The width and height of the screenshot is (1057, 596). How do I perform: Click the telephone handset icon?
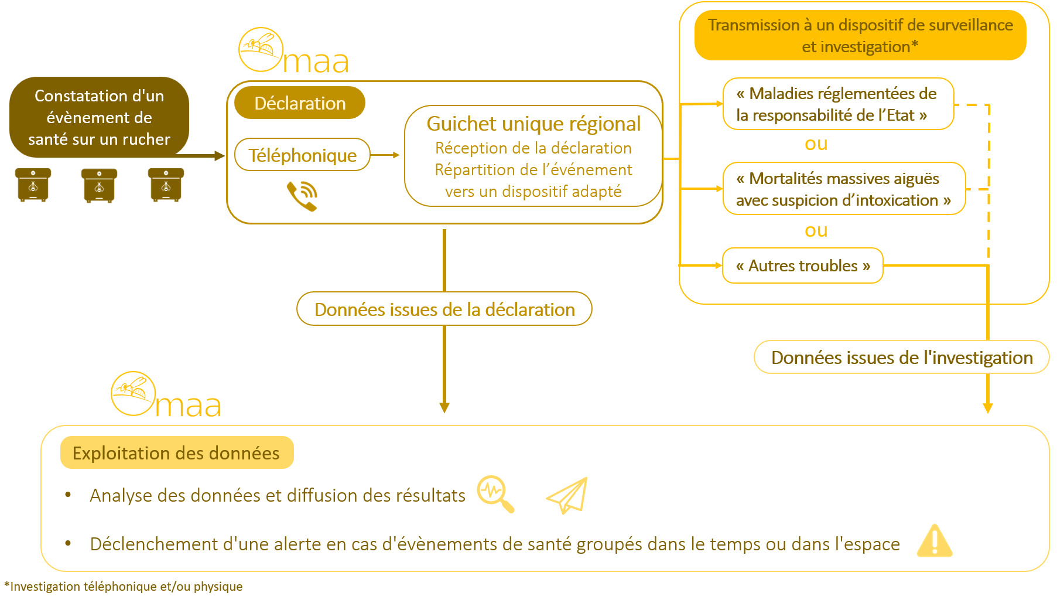(302, 196)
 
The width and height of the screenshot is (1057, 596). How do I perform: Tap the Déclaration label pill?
(300, 103)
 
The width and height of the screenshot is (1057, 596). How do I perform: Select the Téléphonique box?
(302, 155)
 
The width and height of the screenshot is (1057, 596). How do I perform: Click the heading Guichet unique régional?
(533, 124)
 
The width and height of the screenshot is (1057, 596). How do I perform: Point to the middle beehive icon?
(99, 185)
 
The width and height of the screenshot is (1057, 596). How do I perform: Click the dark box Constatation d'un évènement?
(99, 117)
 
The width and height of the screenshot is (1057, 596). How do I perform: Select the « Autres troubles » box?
(803, 265)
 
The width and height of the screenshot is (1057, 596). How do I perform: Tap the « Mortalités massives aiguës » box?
(844, 189)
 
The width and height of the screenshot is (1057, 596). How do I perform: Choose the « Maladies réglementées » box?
(838, 104)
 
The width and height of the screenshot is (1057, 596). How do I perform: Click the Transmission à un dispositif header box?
(860, 35)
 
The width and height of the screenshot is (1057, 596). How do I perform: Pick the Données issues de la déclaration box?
(444, 309)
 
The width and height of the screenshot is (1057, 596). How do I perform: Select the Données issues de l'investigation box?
(902, 357)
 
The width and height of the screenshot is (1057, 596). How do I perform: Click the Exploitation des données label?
(176, 452)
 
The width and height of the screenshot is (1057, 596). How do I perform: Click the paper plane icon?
(567, 495)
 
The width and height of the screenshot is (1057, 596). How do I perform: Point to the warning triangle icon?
(935, 540)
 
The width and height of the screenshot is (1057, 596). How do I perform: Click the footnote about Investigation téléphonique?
(124, 586)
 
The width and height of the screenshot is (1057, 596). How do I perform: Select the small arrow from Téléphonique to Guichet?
(385, 155)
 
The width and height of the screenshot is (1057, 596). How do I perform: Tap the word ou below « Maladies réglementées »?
(816, 144)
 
